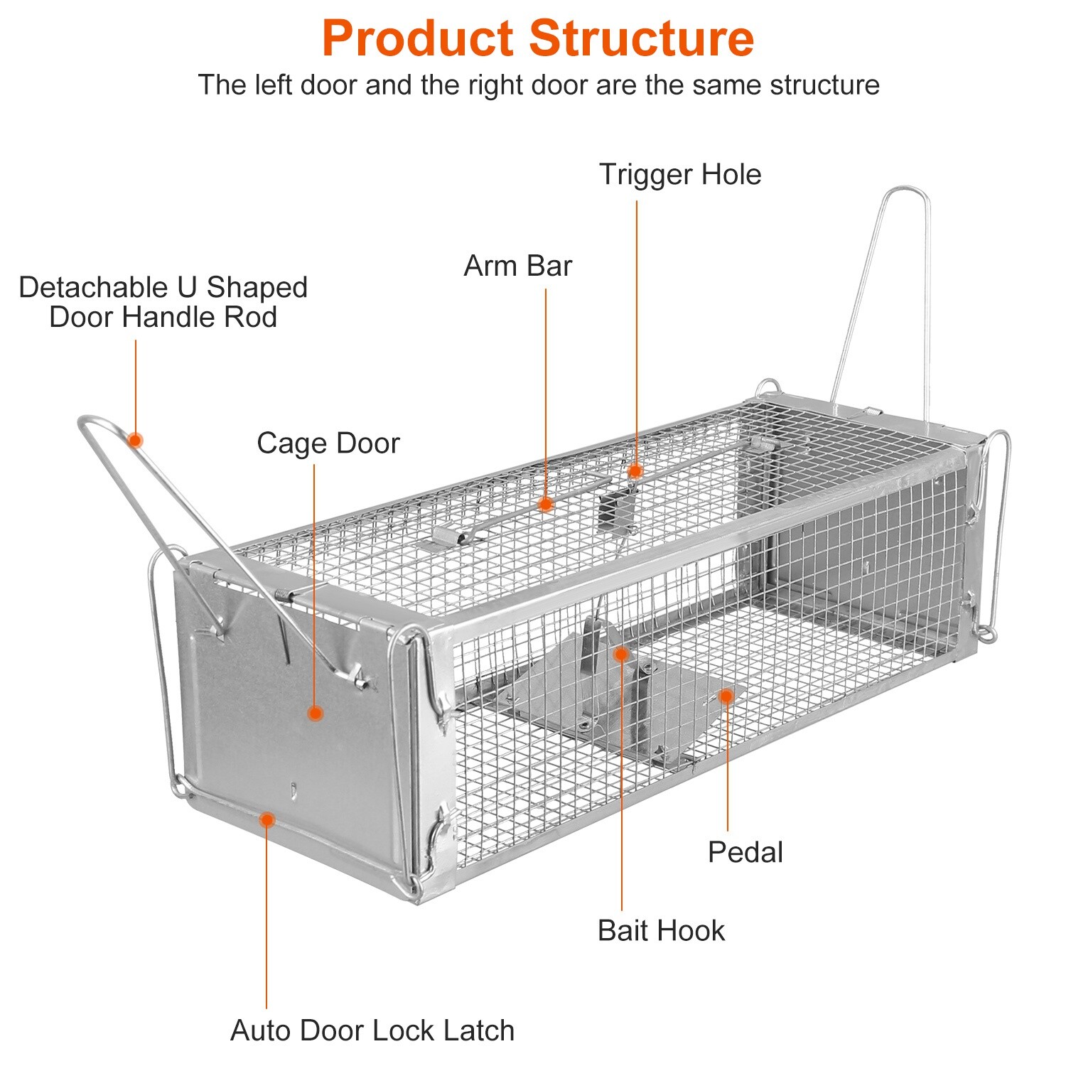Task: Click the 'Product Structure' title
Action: [537, 38]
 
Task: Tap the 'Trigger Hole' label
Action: [680, 175]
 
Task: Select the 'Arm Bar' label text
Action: [517, 266]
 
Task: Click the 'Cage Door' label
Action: [328, 443]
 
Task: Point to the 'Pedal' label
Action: [745, 852]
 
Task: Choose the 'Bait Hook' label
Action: [661, 931]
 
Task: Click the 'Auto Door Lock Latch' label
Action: [372, 1030]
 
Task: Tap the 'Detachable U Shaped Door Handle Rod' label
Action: [163, 302]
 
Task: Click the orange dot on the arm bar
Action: [545, 505]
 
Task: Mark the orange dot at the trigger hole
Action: [635, 470]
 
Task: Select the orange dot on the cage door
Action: [316, 713]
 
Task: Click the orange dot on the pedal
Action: [726, 696]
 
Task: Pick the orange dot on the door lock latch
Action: [266, 820]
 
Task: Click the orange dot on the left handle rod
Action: [135, 440]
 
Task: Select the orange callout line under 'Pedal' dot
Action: [727, 768]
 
